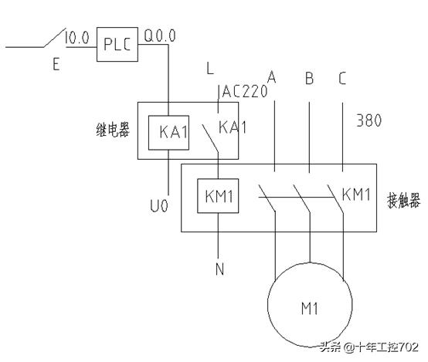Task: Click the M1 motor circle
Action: pos(310,309)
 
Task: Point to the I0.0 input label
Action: pos(79,37)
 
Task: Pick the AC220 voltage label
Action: pos(244,92)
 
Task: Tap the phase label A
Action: pos(272,77)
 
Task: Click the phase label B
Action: pos(309,77)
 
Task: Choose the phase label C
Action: pos(341,77)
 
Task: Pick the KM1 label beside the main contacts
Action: pos(356,192)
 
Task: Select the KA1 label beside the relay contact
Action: pos(233,126)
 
